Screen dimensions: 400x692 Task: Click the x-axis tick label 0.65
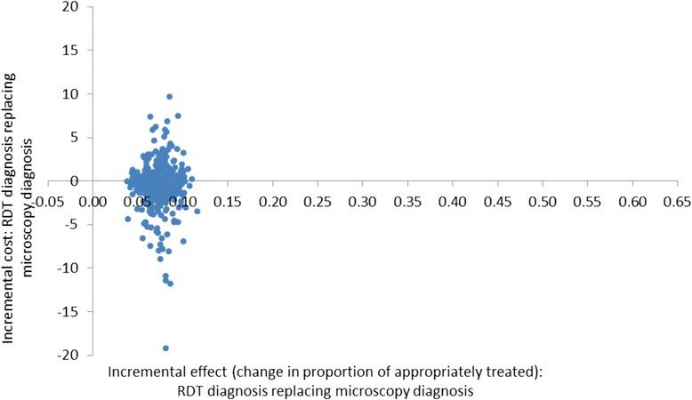[x=677, y=203]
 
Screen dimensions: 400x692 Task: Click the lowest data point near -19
[x=165, y=348]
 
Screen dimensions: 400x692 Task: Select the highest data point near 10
[x=169, y=97]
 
